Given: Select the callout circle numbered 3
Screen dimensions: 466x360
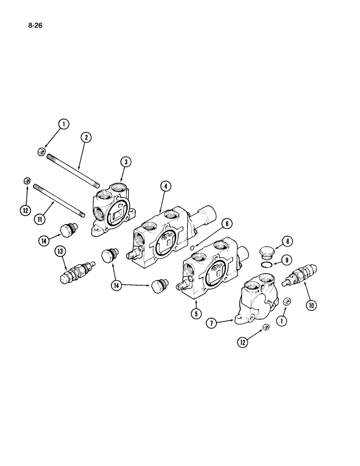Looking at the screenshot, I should coord(125,162).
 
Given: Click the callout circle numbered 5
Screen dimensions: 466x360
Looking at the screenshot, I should coord(197,313).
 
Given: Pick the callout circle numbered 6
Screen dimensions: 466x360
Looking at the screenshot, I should coord(227,224).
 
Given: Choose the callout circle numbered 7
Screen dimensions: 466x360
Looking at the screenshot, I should coord(212,323).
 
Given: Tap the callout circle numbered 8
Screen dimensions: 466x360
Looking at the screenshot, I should coord(288,241).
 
